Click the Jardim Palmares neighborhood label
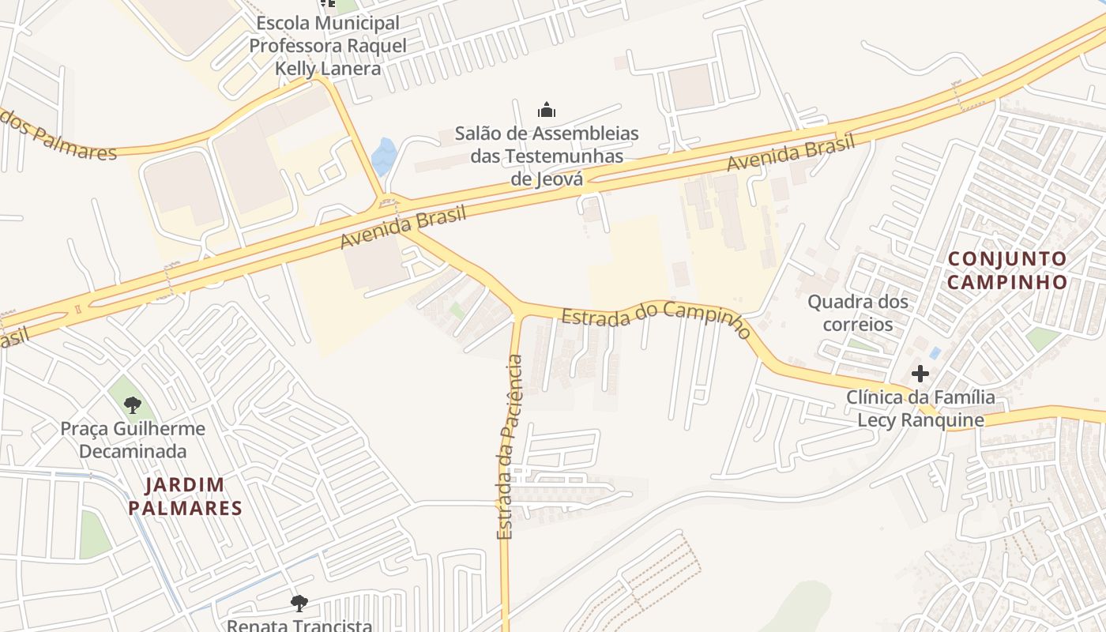pos(185,496)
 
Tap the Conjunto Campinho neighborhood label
pos(1007,270)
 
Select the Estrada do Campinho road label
pos(656,318)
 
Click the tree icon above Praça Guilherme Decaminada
pos(133,405)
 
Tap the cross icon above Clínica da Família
pos(920,373)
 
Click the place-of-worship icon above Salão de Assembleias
pos(547,110)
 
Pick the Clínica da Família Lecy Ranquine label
pos(921,408)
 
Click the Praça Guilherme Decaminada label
pos(133,440)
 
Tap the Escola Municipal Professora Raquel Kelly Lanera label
pos(328,46)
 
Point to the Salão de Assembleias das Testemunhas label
pos(547,156)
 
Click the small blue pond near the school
pos(384,156)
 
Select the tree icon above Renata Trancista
pos(299,604)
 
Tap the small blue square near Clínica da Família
pos(935,352)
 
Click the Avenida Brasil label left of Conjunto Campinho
pos(792,153)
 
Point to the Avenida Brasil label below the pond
pos(404,227)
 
